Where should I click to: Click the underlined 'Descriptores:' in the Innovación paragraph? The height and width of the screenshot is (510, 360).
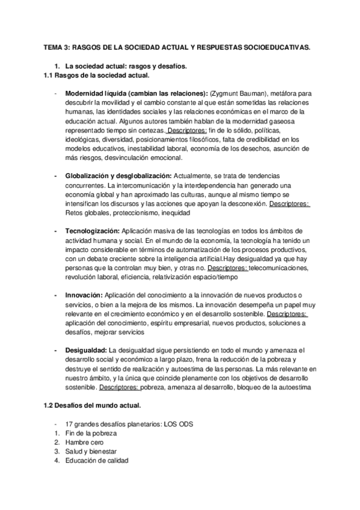coord(287,314)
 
